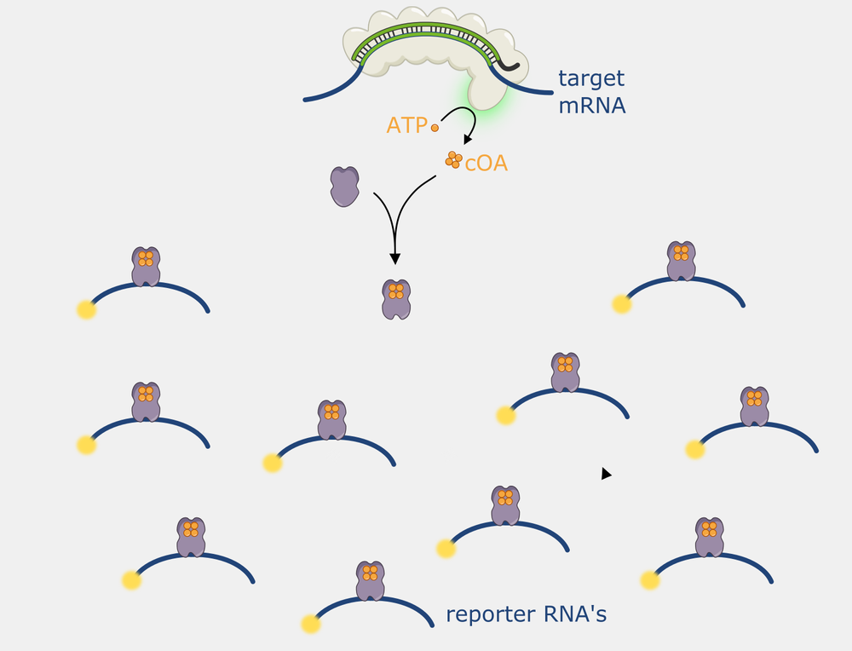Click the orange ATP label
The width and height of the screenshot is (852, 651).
[x=406, y=125]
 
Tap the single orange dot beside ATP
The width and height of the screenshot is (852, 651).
[x=435, y=128]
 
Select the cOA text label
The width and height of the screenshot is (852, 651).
[x=486, y=163]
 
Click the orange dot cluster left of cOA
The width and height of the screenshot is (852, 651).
[x=453, y=159]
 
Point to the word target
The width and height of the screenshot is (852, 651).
[x=590, y=79]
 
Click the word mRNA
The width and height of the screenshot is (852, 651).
[x=592, y=107]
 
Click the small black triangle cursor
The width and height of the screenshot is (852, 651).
[x=606, y=474]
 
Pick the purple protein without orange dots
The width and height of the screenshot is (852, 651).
[x=344, y=186]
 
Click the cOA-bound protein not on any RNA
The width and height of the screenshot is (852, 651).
[x=395, y=299]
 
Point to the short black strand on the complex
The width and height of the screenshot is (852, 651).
[x=509, y=63]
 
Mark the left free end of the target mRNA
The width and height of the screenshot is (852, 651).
[x=305, y=100]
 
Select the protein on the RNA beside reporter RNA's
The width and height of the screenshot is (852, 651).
[x=370, y=581]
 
